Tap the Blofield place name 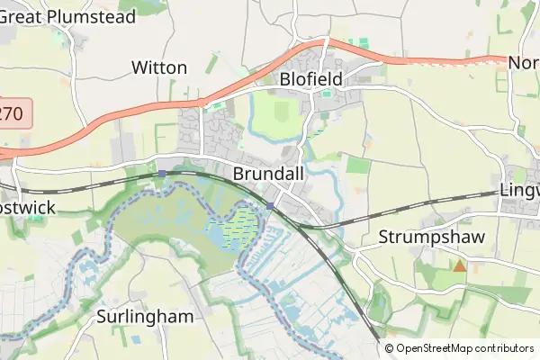pyautogui.click(x=310, y=79)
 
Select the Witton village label pyautogui.click(x=159, y=67)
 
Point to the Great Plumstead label pyautogui.click(x=67, y=16)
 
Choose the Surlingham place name pyautogui.click(x=145, y=317)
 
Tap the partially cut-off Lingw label pyautogui.click(x=519, y=192)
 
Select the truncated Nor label pyautogui.click(x=523, y=63)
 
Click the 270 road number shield pyautogui.click(x=13, y=113)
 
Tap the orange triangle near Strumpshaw pyautogui.click(x=460, y=265)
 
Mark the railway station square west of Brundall pyautogui.click(x=160, y=173)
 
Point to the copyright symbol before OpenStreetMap pyautogui.click(x=390, y=348)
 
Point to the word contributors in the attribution pyautogui.click(x=502, y=348)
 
